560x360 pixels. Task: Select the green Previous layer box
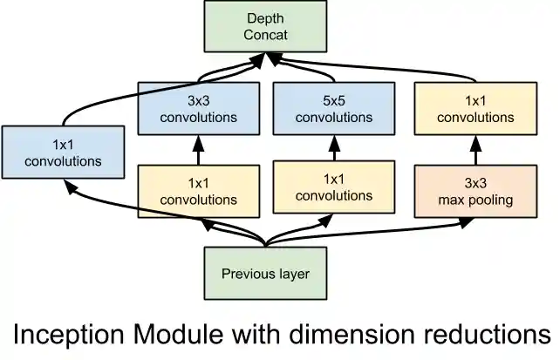[x=264, y=274]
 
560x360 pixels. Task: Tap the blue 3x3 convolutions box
[x=198, y=108]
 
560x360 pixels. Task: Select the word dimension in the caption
[x=362, y=334]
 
